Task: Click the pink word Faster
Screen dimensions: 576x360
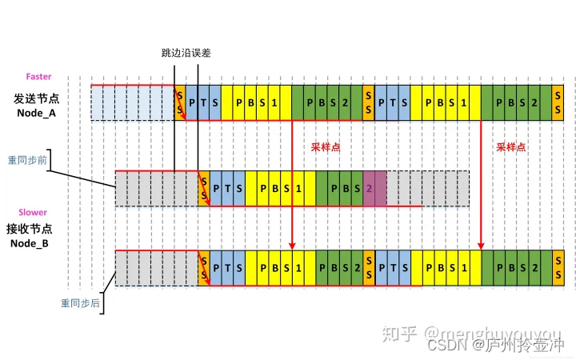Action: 39,77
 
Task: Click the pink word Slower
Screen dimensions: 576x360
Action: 35,213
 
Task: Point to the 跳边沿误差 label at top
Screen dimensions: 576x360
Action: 186,53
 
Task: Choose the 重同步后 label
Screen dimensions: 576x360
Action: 79,303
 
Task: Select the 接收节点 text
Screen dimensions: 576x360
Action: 37,229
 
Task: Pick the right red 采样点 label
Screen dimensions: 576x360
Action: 511,147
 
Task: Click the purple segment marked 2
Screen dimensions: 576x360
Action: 374,188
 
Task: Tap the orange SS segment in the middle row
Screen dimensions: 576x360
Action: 203,188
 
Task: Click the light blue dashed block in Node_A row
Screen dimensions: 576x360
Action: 132,102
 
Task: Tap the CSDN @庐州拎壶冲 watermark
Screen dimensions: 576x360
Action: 495,346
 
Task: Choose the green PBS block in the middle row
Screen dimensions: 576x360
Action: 339,188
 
